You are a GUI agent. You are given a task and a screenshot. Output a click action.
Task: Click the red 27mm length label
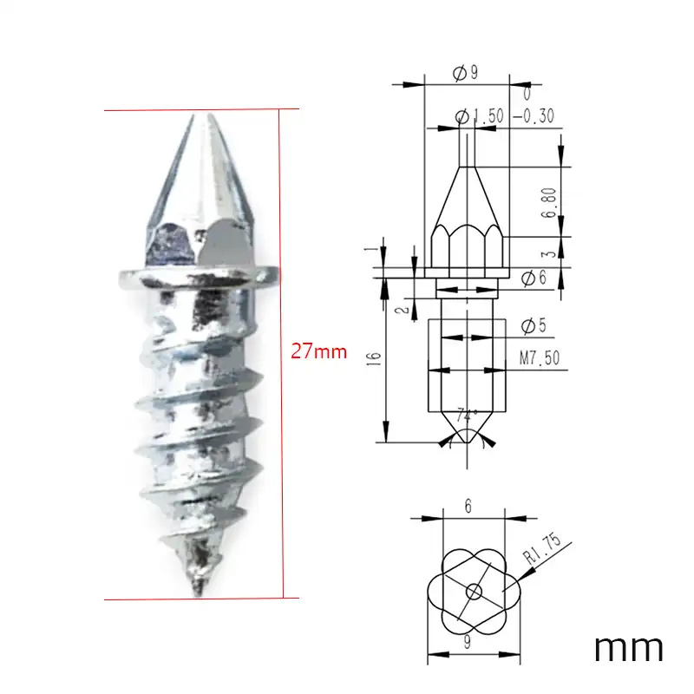318,351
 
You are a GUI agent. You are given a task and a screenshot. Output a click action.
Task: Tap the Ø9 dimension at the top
466,73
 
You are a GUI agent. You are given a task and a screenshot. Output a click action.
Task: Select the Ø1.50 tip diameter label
480,116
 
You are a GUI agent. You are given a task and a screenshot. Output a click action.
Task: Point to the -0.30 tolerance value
534,116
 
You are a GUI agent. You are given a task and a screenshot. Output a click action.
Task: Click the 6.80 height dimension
548,203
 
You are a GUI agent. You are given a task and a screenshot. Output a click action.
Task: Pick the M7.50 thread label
540,357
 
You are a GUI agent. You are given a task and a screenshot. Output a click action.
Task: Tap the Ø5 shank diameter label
534,326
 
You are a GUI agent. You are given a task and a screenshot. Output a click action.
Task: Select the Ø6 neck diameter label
534,278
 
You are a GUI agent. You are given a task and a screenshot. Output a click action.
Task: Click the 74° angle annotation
467,416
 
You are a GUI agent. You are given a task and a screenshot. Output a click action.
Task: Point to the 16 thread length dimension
375,358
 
